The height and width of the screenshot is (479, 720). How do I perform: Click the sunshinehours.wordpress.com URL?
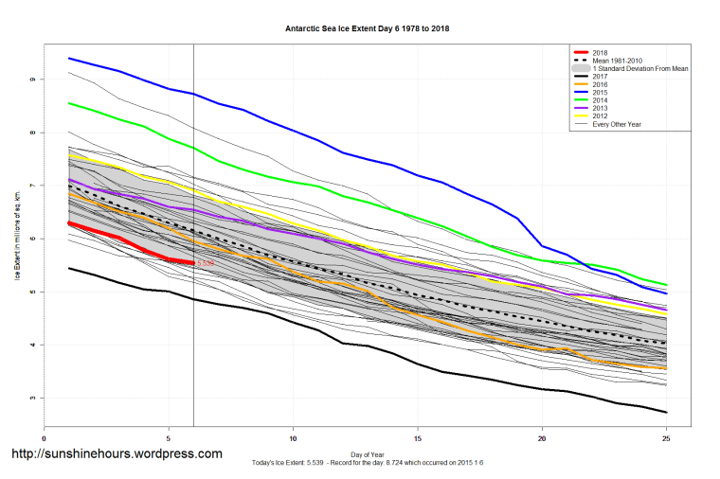[116, 454]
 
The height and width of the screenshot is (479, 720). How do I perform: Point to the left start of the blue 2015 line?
[69, 59]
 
